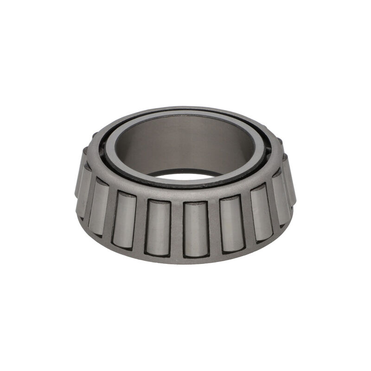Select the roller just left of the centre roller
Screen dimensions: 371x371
click(159, 227)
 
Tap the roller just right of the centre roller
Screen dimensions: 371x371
click(231, 224)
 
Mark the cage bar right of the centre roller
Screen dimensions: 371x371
click(214, 227)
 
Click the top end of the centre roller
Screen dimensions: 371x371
click(195, 205)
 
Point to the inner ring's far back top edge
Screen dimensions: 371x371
click(185, 112)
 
